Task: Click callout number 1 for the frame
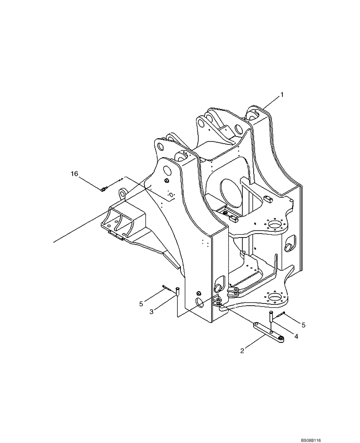pyautogui.click(x=281, y=95)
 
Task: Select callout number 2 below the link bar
pyautogui.click(x=242, y=351)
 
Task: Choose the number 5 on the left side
pyautogui.click(x=141, y=304)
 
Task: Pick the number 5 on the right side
pyautogui.click(x=303, y=325)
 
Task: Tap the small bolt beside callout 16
pyautogui.click(x=103, y=190)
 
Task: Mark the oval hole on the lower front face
pyautogui.click(x=200, y=303)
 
